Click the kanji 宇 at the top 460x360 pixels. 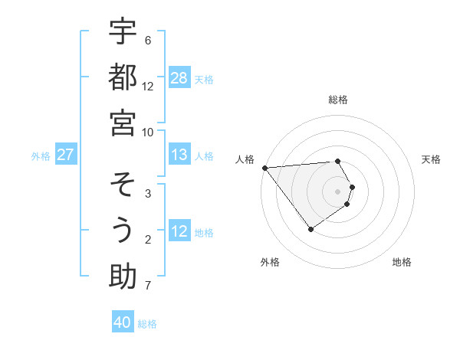pos(123,34)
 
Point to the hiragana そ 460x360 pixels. pos(123,185)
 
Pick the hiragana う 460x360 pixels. pos(123,231)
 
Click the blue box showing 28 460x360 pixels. pos(179,78)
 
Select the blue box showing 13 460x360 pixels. pos(179,155)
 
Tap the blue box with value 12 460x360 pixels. pos(179,232)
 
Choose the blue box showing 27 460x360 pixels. pos(66,155)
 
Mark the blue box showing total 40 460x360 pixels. pos(123,322)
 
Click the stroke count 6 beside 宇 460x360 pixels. pos(148,40)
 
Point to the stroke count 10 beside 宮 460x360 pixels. pos(148,132)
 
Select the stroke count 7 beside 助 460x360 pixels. pos(148,286)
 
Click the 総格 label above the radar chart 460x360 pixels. pos(338,100)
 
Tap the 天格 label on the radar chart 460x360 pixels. pos(432,159)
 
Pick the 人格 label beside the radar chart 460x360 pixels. pos(245,159)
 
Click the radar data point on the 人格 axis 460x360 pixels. pos(264,168)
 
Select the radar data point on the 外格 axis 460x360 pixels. pos(310,229)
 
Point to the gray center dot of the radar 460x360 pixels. pos(338,191)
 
